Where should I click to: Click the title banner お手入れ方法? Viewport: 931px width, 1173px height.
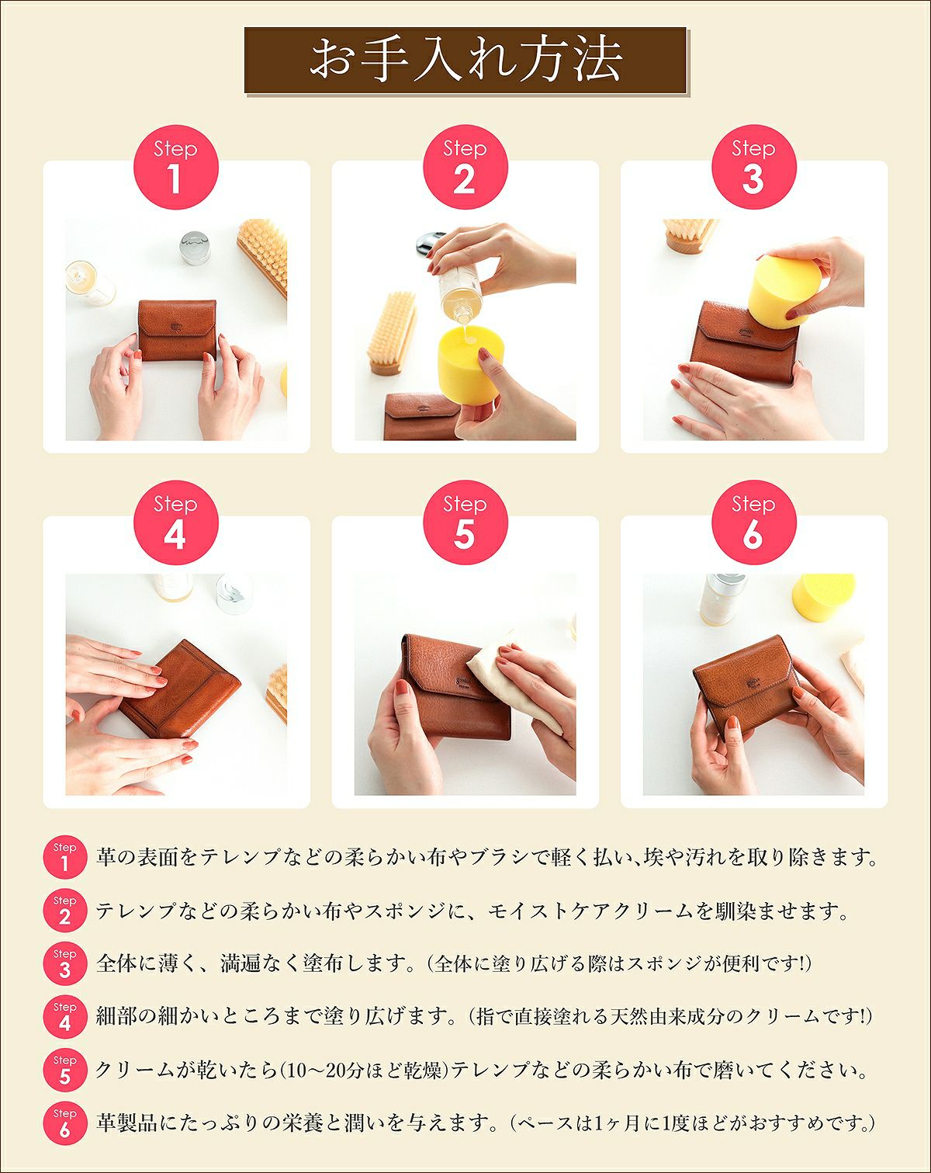[465, 61]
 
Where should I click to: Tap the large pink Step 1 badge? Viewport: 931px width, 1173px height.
[175, 167]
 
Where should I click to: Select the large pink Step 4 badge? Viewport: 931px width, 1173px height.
[175, 522]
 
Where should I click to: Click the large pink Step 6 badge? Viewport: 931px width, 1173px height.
[753, 522]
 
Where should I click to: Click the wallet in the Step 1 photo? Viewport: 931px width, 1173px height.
[177, 330]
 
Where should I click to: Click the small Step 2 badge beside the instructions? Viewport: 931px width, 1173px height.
[64, 911]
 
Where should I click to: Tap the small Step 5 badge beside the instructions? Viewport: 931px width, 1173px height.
[64, 1070]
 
